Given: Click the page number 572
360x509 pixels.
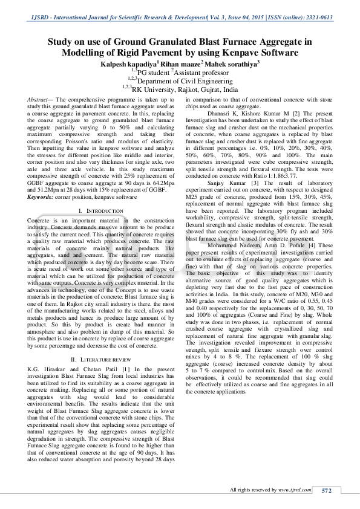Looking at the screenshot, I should tap(327, 490).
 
